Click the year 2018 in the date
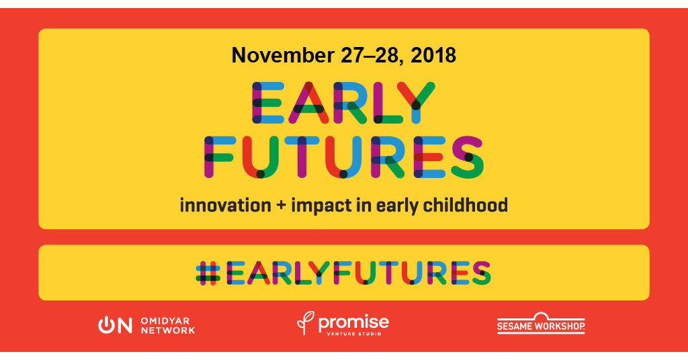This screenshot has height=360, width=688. [433, 56]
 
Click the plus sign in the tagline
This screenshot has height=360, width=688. [279, 206]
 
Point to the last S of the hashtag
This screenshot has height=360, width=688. [480, 272]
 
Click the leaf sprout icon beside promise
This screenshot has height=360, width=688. [304, 322]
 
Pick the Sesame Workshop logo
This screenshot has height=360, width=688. [541, 324]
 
